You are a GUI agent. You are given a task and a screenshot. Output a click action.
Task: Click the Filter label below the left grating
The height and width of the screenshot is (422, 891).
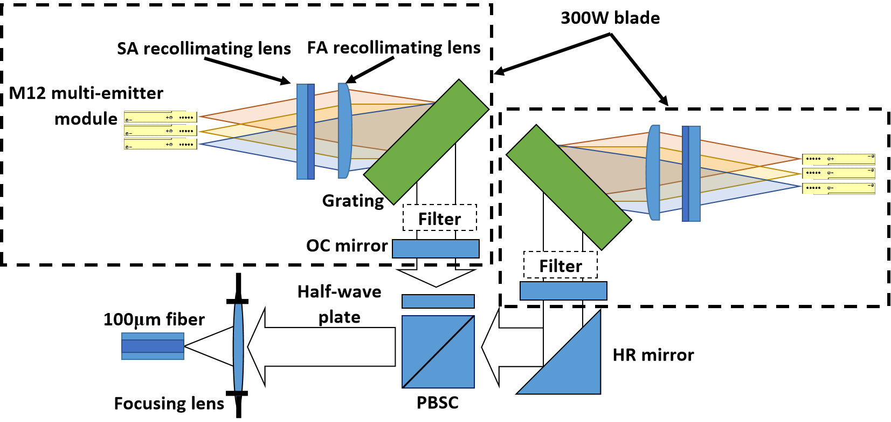click(439, 219)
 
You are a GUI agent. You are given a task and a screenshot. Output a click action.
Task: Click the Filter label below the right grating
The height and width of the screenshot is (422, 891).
click(561, 266)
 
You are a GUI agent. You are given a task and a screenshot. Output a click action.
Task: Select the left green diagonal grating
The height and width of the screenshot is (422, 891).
click(426, 142)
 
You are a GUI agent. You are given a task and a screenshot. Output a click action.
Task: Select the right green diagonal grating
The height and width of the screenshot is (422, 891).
click(569, 187)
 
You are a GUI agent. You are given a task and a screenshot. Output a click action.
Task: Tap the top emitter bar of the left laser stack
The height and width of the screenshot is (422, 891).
click(160, 117)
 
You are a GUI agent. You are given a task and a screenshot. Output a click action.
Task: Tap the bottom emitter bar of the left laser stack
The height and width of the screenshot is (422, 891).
click(160, 145)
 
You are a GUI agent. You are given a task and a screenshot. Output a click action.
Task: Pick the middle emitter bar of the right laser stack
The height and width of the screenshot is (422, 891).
click(838, 173)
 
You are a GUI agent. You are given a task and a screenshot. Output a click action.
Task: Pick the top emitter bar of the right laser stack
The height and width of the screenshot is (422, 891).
click(838, 159)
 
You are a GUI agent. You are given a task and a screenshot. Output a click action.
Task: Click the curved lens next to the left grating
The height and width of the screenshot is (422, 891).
click(344, 131)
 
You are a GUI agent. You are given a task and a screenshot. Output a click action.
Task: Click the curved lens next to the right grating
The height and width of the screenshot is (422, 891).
click(653, 173)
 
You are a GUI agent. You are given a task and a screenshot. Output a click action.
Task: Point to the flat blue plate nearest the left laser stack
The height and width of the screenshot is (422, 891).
click(305, 131)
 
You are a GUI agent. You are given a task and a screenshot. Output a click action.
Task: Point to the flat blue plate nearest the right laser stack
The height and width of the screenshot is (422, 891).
click(692, 174)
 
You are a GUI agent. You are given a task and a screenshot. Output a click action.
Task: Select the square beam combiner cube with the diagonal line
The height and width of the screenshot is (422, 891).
click(438, 351)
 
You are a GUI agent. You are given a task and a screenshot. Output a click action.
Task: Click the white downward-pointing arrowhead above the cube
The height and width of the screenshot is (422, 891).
click(436, 277)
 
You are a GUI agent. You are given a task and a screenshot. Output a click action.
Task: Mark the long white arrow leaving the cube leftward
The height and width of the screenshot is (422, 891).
click(323, 347)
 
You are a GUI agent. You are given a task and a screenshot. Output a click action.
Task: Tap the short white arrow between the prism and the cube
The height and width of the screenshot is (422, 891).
click(512, 347)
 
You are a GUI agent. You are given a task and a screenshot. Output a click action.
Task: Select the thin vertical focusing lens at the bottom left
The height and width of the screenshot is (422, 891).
click(238, 347)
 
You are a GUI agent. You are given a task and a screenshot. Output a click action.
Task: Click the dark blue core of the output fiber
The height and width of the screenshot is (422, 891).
click(153, 346)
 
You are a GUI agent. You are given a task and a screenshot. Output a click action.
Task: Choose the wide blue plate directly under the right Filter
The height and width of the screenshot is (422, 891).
click(563, 291)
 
